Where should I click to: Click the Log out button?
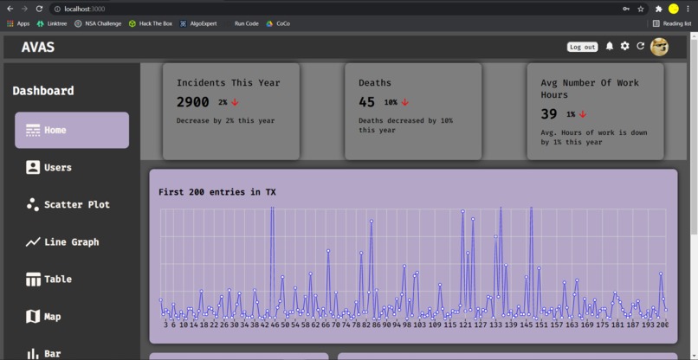[x=582, y=47]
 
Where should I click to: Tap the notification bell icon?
[x=610, y=46]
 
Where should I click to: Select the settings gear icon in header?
[x=624, y=46]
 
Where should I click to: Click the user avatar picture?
[x=659, y=47]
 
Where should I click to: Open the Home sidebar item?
[x=72, y=130]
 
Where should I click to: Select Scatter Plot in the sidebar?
[x=76, y=204]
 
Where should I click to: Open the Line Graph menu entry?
[x=71, y=242]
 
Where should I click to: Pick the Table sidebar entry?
[x=57, y=280]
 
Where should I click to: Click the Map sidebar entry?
[x=52, y=317]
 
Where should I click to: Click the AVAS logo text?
[x=38, y=48]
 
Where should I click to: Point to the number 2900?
[x=192, y=102]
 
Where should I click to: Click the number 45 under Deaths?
[x=367, y=102]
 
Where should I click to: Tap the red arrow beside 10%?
[x=404, y=102]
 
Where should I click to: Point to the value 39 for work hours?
[x=549, y=114]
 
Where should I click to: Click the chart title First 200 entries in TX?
[x=217, y=192]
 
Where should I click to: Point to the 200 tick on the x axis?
[x=662, y=325]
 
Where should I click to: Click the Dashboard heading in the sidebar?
[x=43, y=91]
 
